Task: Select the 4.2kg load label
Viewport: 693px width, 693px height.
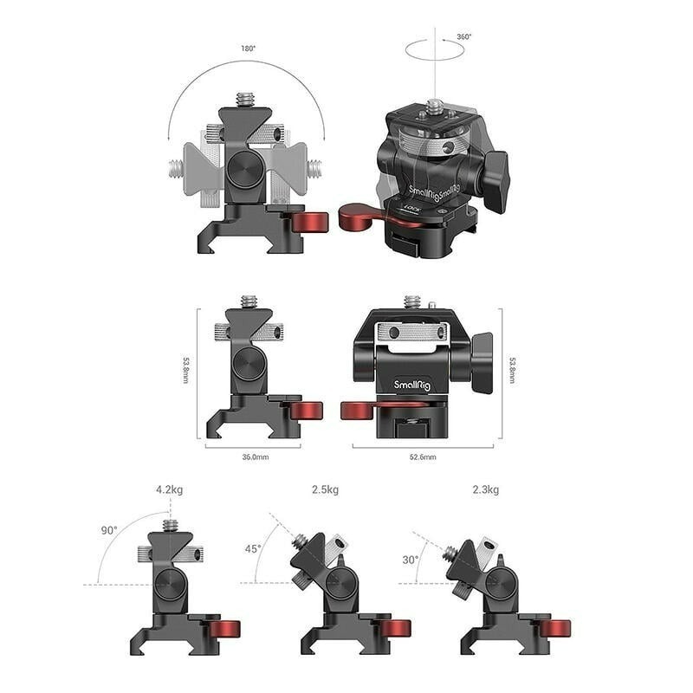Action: coord(169,489)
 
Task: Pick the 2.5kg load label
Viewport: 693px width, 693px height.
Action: coord(325,489)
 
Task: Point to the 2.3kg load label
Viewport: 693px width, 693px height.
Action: coord(485,489)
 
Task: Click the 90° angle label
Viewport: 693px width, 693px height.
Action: coord(108,530)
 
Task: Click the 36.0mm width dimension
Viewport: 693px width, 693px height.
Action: coord(254,457)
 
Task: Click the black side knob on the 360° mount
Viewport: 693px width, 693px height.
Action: coord(496,181)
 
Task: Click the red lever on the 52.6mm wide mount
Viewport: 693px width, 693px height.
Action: coord(359,410)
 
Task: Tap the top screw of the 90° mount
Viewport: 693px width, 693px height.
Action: coord(170,526)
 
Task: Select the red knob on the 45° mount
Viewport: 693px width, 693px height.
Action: coord(397,627)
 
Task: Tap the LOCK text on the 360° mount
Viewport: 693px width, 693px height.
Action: coord(410,209)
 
